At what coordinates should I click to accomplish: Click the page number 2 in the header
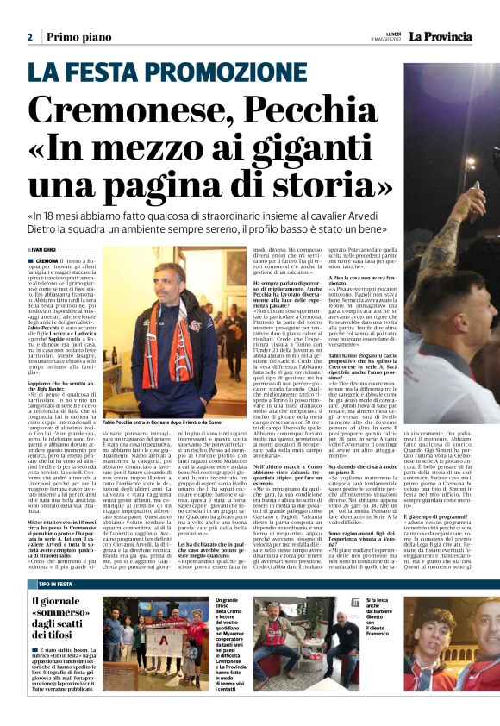pos(30,37)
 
